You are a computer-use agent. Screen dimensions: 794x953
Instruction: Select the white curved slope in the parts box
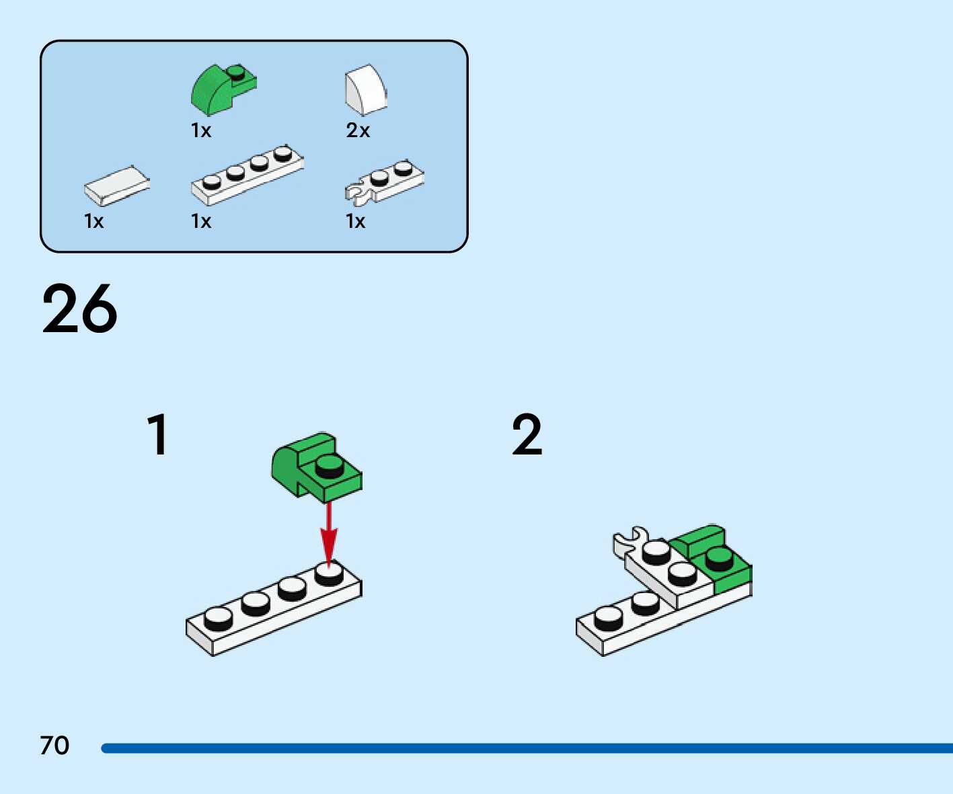(x=366, y=90)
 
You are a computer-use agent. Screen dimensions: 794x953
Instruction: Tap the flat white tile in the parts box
(x=116, y=186)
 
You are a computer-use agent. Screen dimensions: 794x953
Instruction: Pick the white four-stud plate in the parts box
(x=246, y=175)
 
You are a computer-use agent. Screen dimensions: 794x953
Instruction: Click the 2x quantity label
(x=358, y=130)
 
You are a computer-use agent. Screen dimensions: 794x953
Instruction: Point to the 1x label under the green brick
(x=201, y=130)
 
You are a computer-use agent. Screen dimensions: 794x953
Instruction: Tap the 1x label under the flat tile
(x=94, y=221)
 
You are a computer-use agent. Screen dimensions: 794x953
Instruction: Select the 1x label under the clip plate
(x=356, y=221)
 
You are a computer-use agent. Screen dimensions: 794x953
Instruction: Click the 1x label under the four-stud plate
(x=201, y=221)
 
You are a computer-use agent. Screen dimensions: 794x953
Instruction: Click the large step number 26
(x=79, y=309)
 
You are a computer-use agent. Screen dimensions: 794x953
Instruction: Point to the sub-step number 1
(x=157, y=435)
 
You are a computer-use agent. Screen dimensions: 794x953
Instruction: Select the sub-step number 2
(x=527, y=435)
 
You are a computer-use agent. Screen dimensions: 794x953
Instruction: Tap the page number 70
(x=54, y=746)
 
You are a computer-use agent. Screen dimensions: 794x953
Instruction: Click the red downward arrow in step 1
(x=328, y=534)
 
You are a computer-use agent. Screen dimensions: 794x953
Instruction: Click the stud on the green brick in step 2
(x=719, y=558)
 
